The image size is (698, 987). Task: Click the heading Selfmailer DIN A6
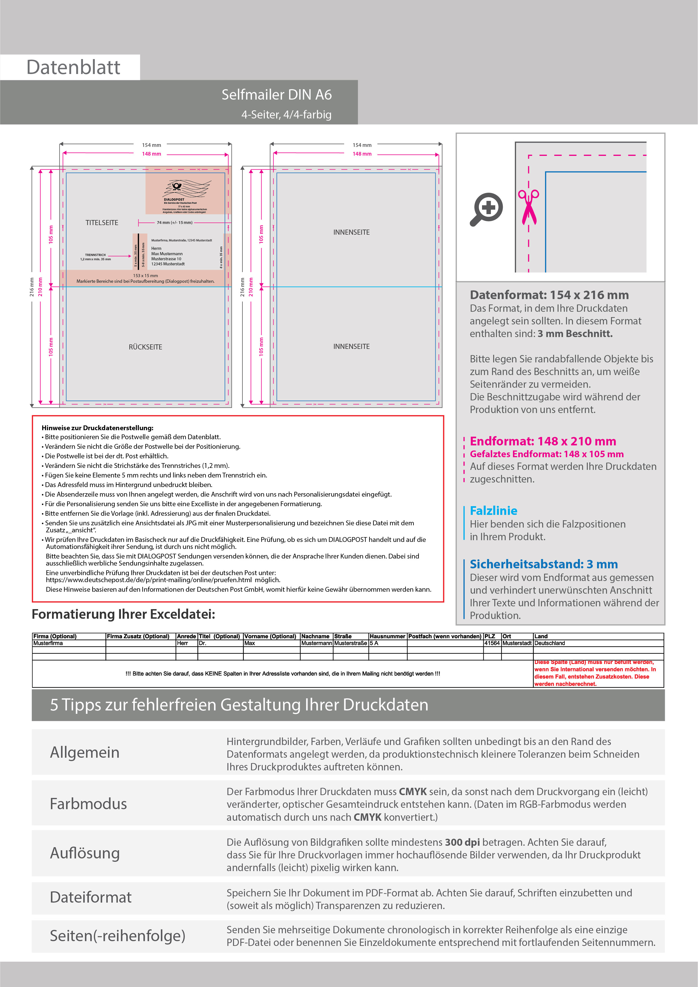pos(276,95)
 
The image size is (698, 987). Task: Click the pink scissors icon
pos(528,206)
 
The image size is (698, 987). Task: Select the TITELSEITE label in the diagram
pos(102,223)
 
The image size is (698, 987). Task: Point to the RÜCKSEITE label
pos(145,347)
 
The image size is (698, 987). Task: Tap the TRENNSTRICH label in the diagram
pos(95,255)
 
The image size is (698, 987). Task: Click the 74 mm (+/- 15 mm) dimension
pos(174,223)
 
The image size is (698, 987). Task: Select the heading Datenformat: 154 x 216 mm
pos(549,295)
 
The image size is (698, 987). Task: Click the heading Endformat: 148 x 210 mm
pos(542,441)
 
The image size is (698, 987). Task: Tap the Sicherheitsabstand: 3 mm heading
pos(543,564)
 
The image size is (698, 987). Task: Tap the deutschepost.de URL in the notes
pos(149,580)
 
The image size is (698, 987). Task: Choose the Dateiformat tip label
pos(91,898)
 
